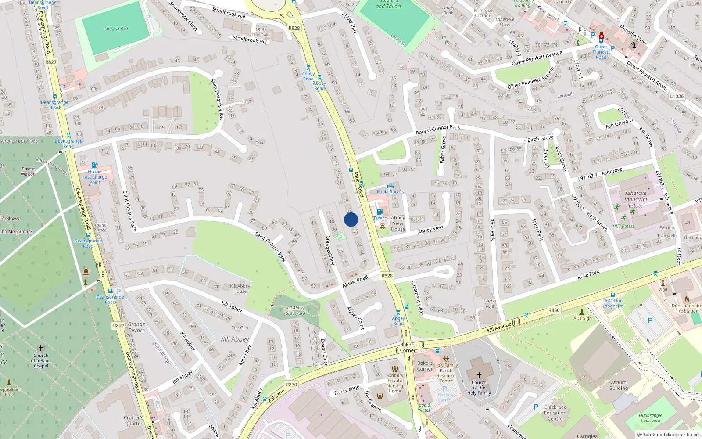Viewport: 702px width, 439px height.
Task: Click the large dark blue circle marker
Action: click(351, 219)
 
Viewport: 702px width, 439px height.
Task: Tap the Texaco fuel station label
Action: click(380, 218)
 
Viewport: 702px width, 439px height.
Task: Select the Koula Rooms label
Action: click(390, 191)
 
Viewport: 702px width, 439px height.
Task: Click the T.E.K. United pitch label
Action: click(116, 28)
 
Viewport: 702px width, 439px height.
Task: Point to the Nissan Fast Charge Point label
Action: click(95, 177)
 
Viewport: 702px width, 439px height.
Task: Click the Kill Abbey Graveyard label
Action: click(295, 310)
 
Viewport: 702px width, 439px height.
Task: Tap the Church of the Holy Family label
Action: click(479, 387)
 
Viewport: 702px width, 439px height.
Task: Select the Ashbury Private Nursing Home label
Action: click(395, 383)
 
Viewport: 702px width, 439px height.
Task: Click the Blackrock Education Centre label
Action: click(555, 413)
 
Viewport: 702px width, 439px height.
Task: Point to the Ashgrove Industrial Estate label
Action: click(635, 199)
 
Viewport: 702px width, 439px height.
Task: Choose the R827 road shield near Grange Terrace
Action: click(118, 326)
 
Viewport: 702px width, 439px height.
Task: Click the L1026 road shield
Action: click(677, 96)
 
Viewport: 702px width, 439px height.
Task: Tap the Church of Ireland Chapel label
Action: click(41, 360)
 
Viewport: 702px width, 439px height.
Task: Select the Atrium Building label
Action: click(619, 385)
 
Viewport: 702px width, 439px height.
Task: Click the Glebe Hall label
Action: click(490, 303)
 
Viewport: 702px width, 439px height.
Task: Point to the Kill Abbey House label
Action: click(240, 288)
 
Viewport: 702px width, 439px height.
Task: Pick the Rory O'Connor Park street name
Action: click(437, 130)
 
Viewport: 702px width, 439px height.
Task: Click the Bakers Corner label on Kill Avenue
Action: click(408, 347)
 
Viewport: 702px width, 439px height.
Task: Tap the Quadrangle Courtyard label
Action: click(650, 417)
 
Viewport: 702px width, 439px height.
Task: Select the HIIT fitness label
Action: click(623, 226)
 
